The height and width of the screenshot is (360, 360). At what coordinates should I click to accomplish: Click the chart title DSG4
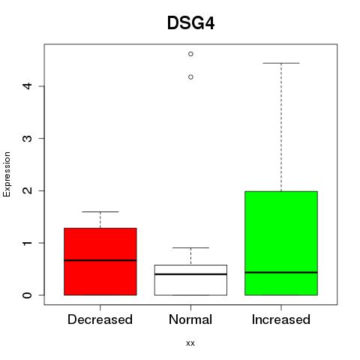click(190, 23)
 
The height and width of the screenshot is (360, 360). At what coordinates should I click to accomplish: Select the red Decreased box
click(100, 262)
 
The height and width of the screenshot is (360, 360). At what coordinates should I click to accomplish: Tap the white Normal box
click(190, 280)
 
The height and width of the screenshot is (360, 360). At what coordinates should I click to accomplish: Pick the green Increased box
click(281, 243)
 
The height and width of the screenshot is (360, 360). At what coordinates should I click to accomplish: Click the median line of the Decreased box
click(100, 260)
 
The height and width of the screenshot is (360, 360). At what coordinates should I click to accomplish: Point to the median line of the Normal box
click(190, 274)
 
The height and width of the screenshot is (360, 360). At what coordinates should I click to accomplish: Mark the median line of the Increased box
click(281, 272)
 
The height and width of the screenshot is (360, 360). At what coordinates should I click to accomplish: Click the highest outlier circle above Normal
click(190, 54)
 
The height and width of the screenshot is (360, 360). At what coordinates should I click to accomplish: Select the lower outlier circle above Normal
click(190, 77)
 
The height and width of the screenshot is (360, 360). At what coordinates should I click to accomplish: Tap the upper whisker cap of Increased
click(281, 63)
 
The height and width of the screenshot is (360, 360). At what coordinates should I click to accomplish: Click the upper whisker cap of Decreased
click(100, 211)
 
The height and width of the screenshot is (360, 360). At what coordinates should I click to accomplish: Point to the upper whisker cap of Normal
click(190, 247)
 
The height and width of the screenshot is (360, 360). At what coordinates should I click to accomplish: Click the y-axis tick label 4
click(27, 86)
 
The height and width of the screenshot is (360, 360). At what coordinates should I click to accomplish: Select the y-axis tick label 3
click(27, 139)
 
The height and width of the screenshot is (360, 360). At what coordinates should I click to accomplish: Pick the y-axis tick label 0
click(27, 295)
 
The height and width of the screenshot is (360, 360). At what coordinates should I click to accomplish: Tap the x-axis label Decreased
click(100, 319)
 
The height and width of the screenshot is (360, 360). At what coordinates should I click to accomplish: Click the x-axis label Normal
click(190, 319)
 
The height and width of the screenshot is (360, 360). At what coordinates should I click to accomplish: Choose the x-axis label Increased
click(281, 319)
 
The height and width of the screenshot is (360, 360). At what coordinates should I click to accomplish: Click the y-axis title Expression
click(7, 174)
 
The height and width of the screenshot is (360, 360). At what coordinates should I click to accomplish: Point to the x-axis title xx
click(190, 343)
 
